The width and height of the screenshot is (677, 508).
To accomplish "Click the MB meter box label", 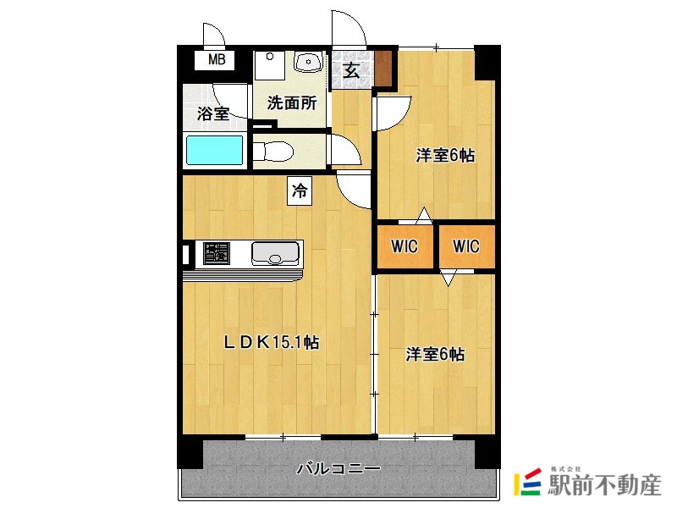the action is click(x=217, y=59).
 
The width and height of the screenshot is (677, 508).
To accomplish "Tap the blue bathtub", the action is click(x=214, y=151).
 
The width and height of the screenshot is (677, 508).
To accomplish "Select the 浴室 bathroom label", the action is click(x=213, y=113).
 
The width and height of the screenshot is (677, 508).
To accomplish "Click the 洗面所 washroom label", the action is click(x=291, y=102).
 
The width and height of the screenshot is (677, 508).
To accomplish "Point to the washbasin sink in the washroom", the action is click(x=308, y=61).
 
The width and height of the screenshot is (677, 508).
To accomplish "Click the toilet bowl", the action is click(x=272, y=152).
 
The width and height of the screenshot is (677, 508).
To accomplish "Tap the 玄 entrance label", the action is click(x=351, y=70).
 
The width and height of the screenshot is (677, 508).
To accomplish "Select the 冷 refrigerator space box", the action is click(x=300, y=190).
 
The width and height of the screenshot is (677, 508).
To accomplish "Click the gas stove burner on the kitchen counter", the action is click(x=217, y=253).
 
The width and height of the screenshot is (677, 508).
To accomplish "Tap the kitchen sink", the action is click(x=275, y=253).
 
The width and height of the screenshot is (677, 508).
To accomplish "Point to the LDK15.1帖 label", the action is click(x=271, y=343).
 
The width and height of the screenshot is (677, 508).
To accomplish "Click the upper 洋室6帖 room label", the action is click(x=445, y=156).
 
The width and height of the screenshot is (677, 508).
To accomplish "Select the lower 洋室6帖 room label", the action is click(x=435, y=354).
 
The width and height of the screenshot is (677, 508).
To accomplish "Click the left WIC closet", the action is click(x=405, y=246).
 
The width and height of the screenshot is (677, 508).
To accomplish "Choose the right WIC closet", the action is click(x=466, y=246).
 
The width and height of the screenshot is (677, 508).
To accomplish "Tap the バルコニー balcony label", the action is click(x=338, y=468).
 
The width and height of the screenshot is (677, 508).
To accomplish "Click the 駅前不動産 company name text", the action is click(x=604, y=485).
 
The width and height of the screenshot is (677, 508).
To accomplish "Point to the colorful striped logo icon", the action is click(x=527, y=482).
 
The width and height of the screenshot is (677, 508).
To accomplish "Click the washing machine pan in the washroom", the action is click(x=269, y=65).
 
